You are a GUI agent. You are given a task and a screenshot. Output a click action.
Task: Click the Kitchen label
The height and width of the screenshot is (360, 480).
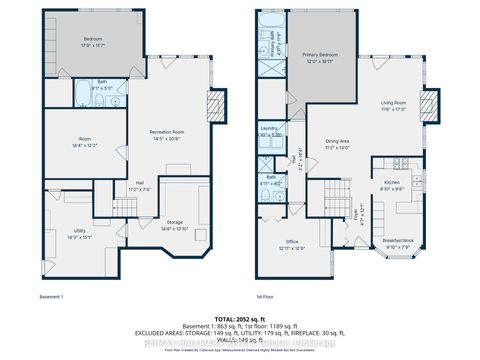tap(393, 181)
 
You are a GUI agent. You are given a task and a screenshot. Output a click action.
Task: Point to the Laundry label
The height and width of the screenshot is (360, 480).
tap(268, 129)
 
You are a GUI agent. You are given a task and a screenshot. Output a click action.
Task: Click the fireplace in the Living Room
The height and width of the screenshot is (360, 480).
tap(430, 106)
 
